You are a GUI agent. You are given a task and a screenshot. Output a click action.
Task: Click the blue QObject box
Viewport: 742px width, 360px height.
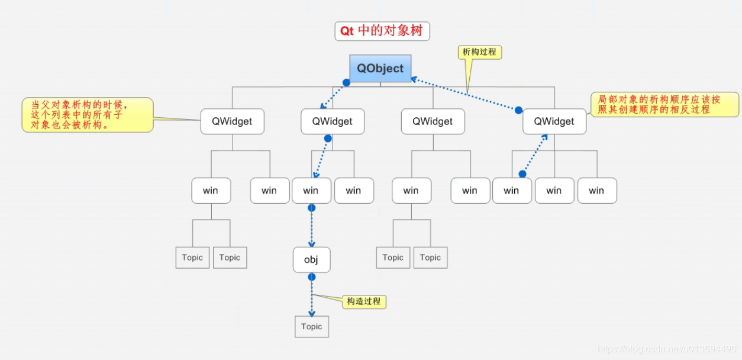380,68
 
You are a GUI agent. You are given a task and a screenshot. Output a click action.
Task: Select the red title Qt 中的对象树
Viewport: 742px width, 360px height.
382,31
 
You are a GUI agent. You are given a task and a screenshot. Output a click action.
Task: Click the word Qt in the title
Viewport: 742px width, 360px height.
347,31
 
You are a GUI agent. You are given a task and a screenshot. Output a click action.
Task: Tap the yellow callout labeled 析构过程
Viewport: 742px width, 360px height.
480,52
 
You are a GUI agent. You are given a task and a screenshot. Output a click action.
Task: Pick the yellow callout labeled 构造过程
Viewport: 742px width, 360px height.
364,301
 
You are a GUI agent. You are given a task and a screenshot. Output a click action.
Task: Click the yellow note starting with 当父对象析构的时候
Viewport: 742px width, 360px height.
87,114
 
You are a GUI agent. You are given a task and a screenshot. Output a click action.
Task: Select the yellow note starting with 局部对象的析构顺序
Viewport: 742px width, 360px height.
664,104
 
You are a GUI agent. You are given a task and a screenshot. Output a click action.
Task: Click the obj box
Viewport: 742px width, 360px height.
311,260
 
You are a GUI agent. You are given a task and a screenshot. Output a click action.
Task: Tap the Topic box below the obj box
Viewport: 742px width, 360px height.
311,327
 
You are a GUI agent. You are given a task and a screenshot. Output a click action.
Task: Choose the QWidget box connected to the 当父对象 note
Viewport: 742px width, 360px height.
232,121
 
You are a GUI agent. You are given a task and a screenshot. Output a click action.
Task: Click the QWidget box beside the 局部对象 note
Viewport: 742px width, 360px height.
554,121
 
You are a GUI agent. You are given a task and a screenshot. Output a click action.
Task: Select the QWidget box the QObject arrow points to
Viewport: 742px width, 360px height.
333,121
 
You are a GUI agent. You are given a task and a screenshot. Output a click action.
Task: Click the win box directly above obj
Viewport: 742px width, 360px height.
311,190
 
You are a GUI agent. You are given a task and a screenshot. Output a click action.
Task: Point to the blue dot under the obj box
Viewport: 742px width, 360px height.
312,277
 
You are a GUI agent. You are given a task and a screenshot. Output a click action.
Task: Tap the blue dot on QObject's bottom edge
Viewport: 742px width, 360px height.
347,83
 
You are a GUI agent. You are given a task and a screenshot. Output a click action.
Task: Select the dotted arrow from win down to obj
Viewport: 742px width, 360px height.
312,228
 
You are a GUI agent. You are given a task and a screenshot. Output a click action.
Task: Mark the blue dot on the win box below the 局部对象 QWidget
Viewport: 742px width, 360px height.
522,174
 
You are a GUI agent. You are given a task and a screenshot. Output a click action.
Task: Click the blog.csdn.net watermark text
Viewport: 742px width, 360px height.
667,350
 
